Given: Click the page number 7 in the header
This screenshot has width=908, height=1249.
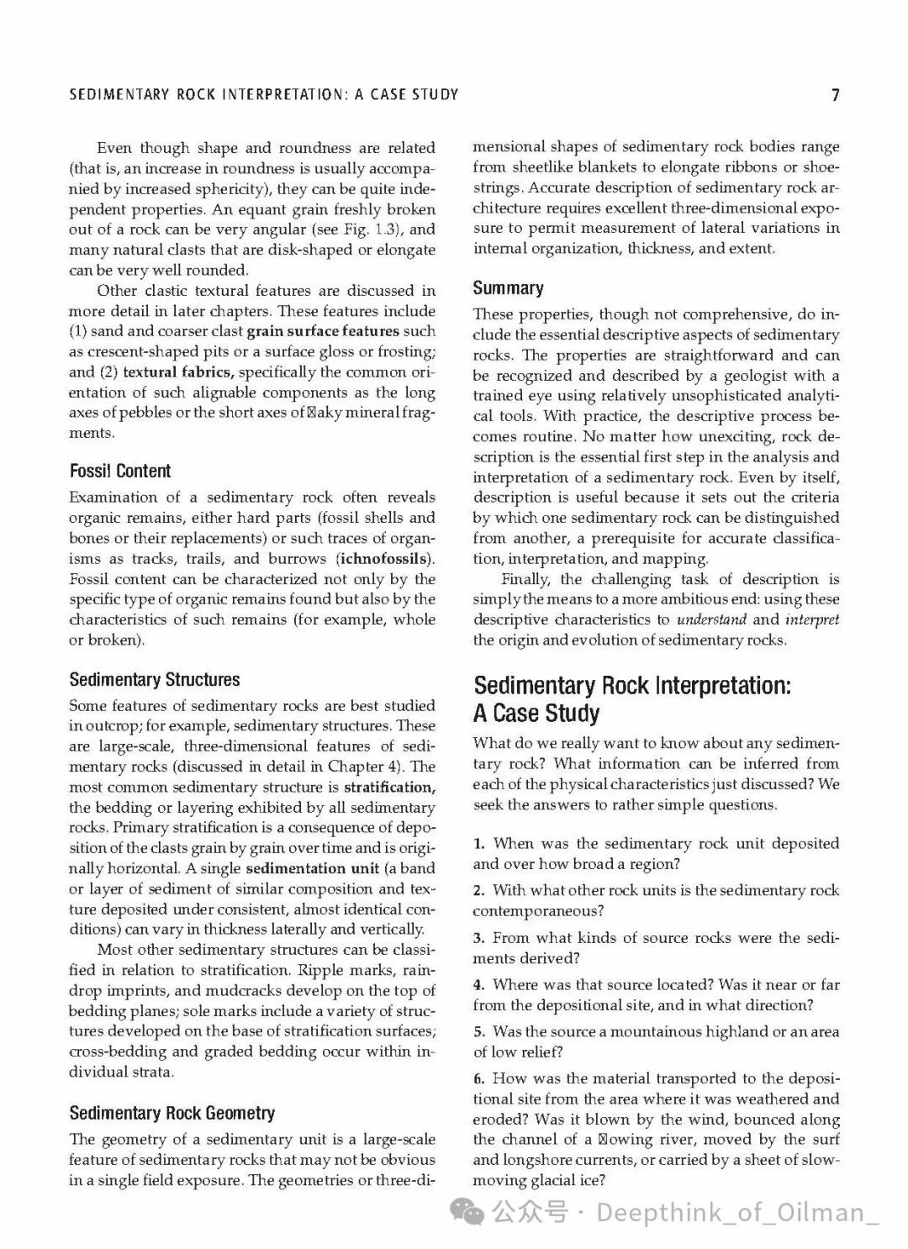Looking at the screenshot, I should point(835,95).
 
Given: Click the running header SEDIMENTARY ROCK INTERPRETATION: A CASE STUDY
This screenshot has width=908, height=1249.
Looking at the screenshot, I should point(264,95).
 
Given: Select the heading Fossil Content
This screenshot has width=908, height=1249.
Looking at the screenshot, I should point(119,472).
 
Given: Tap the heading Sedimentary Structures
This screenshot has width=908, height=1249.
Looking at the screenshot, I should point(155,680).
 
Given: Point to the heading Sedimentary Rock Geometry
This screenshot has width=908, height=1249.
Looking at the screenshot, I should point(172,1114).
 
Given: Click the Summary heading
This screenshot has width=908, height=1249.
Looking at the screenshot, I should point(508,288).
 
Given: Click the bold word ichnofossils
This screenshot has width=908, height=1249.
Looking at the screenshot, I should point(385,559).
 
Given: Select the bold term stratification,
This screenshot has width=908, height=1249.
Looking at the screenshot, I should point(389,788).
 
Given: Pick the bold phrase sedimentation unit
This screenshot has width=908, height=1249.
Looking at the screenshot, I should point(307,868).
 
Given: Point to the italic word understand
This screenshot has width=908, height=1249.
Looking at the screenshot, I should point(710,619).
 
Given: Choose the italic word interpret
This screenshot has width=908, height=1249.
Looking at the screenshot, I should point(811,619).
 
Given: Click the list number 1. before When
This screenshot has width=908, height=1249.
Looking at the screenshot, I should point(478,844).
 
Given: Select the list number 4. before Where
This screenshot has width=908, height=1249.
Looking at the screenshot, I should point(478,985).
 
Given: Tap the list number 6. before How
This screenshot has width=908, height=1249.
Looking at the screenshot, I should point(478,1079).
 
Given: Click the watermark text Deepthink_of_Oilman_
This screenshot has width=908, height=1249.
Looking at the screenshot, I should point(736,1212).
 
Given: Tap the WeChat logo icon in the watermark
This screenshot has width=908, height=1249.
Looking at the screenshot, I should point(467,1212).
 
